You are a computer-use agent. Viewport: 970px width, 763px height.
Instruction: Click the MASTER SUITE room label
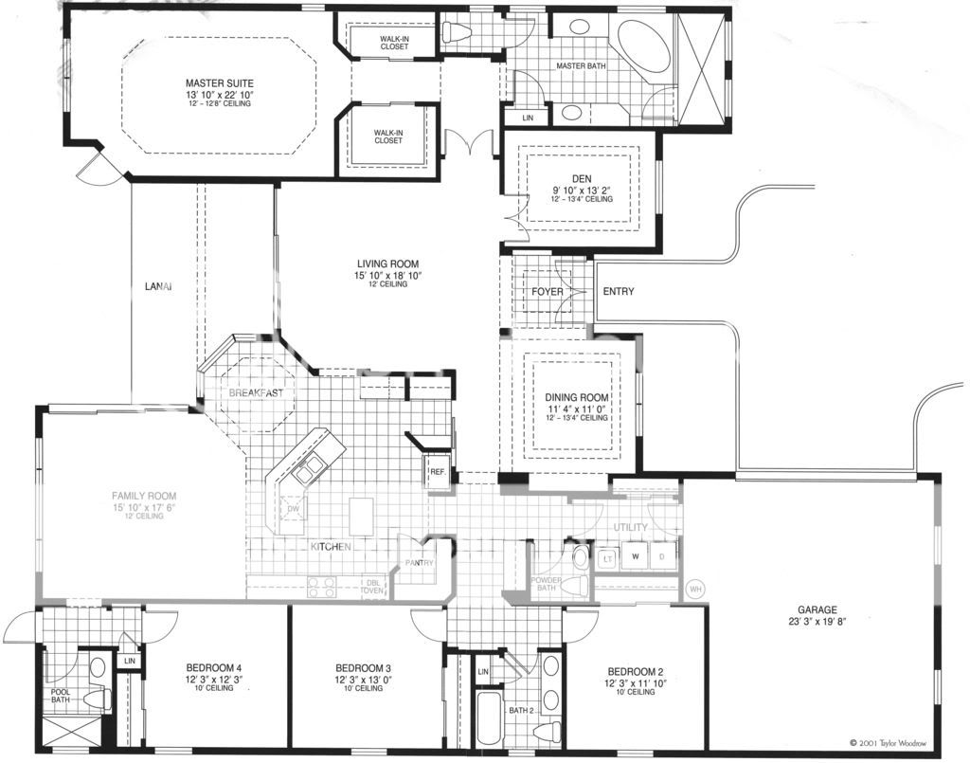pyautogui.click(x=219, y=83)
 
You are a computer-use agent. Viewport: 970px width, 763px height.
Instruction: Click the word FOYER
pyautogui.click(x=548, y=292)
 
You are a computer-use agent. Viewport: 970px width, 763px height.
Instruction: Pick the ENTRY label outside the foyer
pyautogui.click(x=619, y=292)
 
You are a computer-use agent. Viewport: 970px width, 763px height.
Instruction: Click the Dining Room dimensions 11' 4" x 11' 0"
pyautogui.click(x=575, y=409)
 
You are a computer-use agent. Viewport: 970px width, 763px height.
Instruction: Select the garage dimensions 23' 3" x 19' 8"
pyautogui.click(x=817, y=623)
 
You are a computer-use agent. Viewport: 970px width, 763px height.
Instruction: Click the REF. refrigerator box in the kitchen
pyautogui.click(x=438, y=471)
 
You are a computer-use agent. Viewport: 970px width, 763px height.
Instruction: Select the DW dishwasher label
pyautogui.click(x=294, y=509)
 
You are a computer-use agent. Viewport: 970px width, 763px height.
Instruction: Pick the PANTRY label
pyautogui.click(x=419, y=563)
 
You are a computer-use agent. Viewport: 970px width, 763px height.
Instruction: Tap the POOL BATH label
pyautogui.click(x=60, y=696)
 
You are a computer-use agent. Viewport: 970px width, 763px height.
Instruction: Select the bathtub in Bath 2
pyautogui.click(x=489, y=718)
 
